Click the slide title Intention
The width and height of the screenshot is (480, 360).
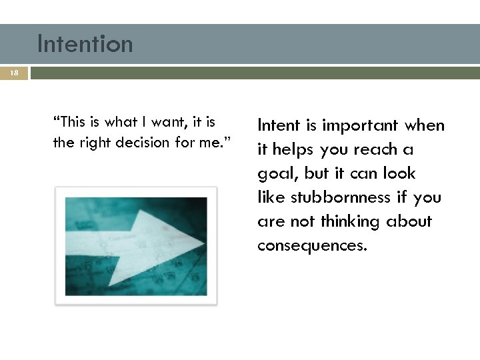pyautogui.click(x=85, y=44)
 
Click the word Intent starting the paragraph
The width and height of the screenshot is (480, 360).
pyautogui.click(x=278, y=125)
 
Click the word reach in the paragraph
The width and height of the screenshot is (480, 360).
pyautogui.click(x=378, y=149)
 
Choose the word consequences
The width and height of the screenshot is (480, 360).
pyautogui.click(x=312, y=245)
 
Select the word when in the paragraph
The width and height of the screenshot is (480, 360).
pyautogui.click(x=424, y=125)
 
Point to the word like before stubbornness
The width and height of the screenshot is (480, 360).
pyautogui.click(x=271, y=197)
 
